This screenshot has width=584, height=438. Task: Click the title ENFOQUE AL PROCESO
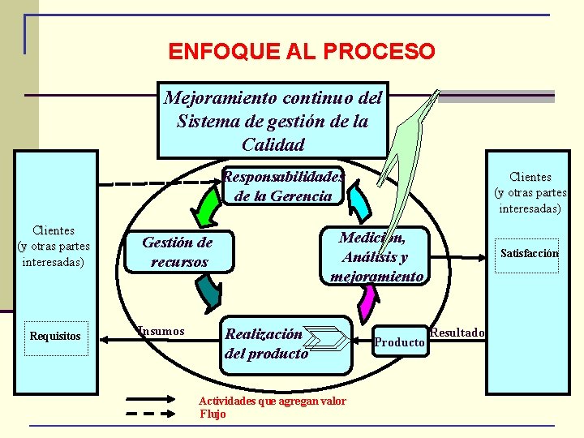(302, 52)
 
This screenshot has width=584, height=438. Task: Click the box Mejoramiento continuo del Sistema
(273, 121)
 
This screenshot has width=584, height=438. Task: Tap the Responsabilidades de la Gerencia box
(282, 186)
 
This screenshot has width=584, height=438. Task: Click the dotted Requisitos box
(55, 337)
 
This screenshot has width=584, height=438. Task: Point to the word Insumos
(161, 331)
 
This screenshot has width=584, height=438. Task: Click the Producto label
(399, 342)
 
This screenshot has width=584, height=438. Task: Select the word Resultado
(457, 333)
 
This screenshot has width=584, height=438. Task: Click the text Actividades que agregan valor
(273, 401)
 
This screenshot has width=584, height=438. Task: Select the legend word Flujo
(213, 414)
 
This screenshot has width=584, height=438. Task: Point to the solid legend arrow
(156, 399)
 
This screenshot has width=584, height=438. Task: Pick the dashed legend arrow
(156, 414)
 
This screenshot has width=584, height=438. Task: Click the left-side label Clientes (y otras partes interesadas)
(54, 247)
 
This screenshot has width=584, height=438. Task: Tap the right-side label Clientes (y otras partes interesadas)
(530, 192)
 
